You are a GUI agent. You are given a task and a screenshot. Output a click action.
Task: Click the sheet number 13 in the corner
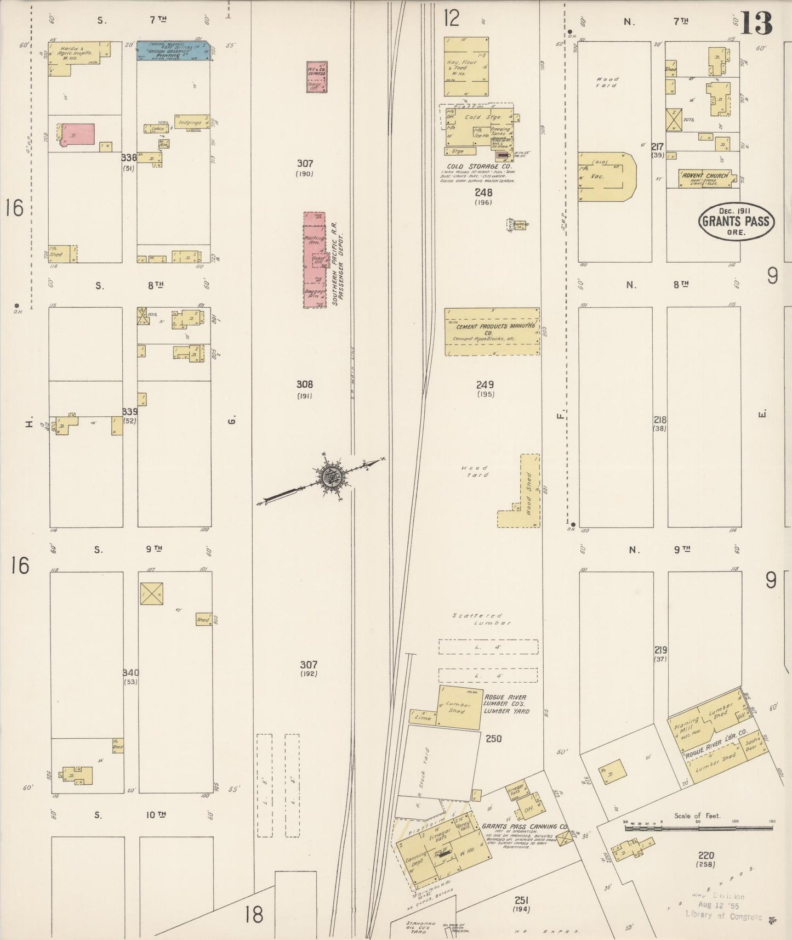pyautogui.click(x=756, y=22)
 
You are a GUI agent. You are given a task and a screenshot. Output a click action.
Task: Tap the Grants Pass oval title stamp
pyautogui.click(x=736, y=222)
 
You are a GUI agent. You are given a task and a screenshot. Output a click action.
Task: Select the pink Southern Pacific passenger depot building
pyautogui.click(x=315, y=259)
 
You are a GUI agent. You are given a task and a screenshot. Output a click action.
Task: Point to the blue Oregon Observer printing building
pyautogui.click(x=173, y=50)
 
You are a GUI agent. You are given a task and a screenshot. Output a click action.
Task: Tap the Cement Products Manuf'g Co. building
pyautogui.click(x=491, y=331)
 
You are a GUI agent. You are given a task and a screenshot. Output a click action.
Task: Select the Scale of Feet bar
pyautogui.click(x=698, y=826)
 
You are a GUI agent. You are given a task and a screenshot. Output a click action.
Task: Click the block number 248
pyautogui.click(x=483, y=192)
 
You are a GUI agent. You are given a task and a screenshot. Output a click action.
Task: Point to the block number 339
pyautogui.click(x=130, y=412)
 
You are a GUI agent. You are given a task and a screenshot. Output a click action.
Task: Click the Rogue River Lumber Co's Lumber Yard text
pyautogui.click(x=506, y=704)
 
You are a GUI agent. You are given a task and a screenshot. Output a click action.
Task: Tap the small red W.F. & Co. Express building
pyautogui.click(x=316, y=76)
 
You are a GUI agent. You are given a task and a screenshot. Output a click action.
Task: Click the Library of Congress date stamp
pyautogui.click(x=722, y=907)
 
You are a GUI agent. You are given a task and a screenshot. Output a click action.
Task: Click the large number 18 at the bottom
pyautogui.click(x=254, y=914)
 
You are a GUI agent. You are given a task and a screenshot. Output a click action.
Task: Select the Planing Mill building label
pyautogui.click(x=687, y=726)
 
